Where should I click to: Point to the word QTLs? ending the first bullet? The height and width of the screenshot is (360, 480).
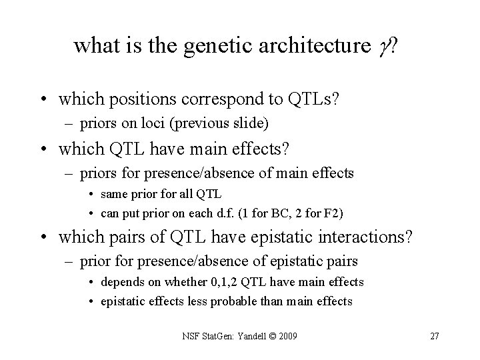pos(315,100)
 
